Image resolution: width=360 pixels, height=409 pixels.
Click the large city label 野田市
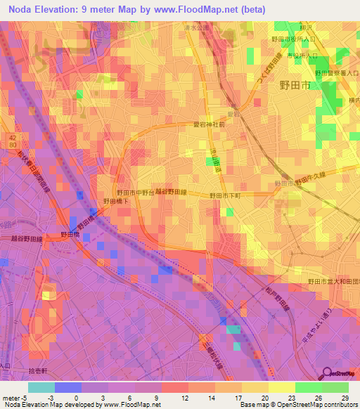[294, 85]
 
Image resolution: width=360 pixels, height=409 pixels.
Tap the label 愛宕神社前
[211, 124]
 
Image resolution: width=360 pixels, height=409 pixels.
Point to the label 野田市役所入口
[295, 40]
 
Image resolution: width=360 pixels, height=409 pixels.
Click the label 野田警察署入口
[336, 72]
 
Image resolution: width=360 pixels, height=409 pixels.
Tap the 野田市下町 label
[225, 195]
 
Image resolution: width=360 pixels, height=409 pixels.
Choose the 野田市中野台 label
[134, 192]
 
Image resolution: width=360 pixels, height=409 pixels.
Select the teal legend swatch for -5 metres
[41, 387]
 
